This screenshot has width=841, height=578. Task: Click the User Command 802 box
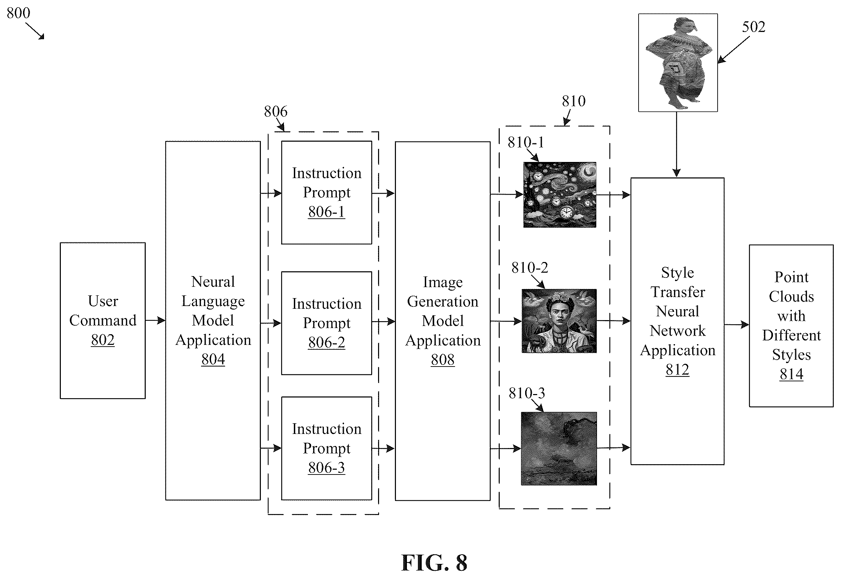(x=103, y=320)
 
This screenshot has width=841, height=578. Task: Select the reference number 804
(x=213, y=359)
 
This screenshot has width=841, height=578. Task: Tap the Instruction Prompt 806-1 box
(x=327, y=192)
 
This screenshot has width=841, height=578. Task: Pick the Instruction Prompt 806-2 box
(x=327, y=323)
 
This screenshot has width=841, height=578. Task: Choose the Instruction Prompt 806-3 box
(x=327, y=448)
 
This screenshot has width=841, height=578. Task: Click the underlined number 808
(x=442, y=360)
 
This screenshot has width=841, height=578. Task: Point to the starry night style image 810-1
(x=560, y=195)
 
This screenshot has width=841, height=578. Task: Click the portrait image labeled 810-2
(x=559, y=321)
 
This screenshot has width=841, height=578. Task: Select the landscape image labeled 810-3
(x=558, y=448)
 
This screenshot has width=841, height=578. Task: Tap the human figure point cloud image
(x=678, y=63)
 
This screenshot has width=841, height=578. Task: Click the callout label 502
(x=753, y=27)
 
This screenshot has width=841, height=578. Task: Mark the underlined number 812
(x=677, y=369)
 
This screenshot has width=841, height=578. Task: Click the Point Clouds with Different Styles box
(x=791, y=326)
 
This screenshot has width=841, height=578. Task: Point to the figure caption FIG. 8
(x=434, y=563)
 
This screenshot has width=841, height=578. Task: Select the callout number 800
(x=19, y=13)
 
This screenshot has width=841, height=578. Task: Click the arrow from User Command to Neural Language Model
(x=155, y=320)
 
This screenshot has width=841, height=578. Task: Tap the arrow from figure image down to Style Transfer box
(x=677, y=144)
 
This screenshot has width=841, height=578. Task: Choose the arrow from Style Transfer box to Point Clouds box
(x=737, y=325)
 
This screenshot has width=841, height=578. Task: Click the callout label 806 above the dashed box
(x=276, y=111)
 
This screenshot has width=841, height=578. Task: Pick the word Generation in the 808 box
(x=442, y=301)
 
